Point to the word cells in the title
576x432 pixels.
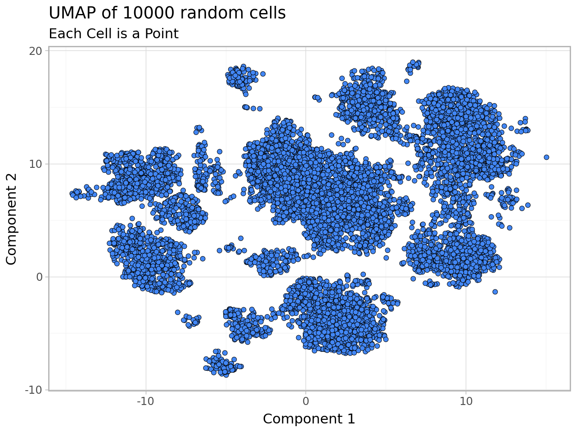tap(269, 13)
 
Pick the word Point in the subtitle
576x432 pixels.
tap(162, 34)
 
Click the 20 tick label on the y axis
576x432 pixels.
tap(36, 51)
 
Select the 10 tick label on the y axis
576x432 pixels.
tap(36, 164)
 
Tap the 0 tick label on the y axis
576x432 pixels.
tap(40, 277)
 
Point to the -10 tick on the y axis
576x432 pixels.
tap(34, 390)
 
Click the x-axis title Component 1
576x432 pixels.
tap(309, 419)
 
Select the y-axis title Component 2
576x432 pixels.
tap(12, 220)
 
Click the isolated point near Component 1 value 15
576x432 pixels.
tap(546, 157)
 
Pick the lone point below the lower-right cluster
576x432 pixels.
tap(495, 292)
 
